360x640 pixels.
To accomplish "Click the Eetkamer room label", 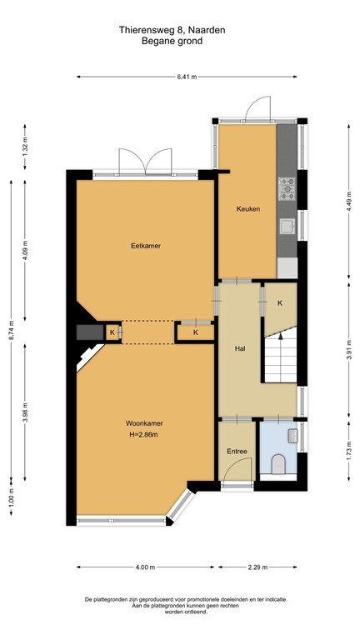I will pyautogui.click(x=145, y=246).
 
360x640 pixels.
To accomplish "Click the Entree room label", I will pyautogui.click(x=237, y=451).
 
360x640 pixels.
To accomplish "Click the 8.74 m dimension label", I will pyautogui.click(x=11, y=331).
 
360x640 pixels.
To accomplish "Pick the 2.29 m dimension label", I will pyautogui.click(x=257, y=567).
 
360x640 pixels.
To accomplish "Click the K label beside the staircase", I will pyautogui.click(x=280, y=302).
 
